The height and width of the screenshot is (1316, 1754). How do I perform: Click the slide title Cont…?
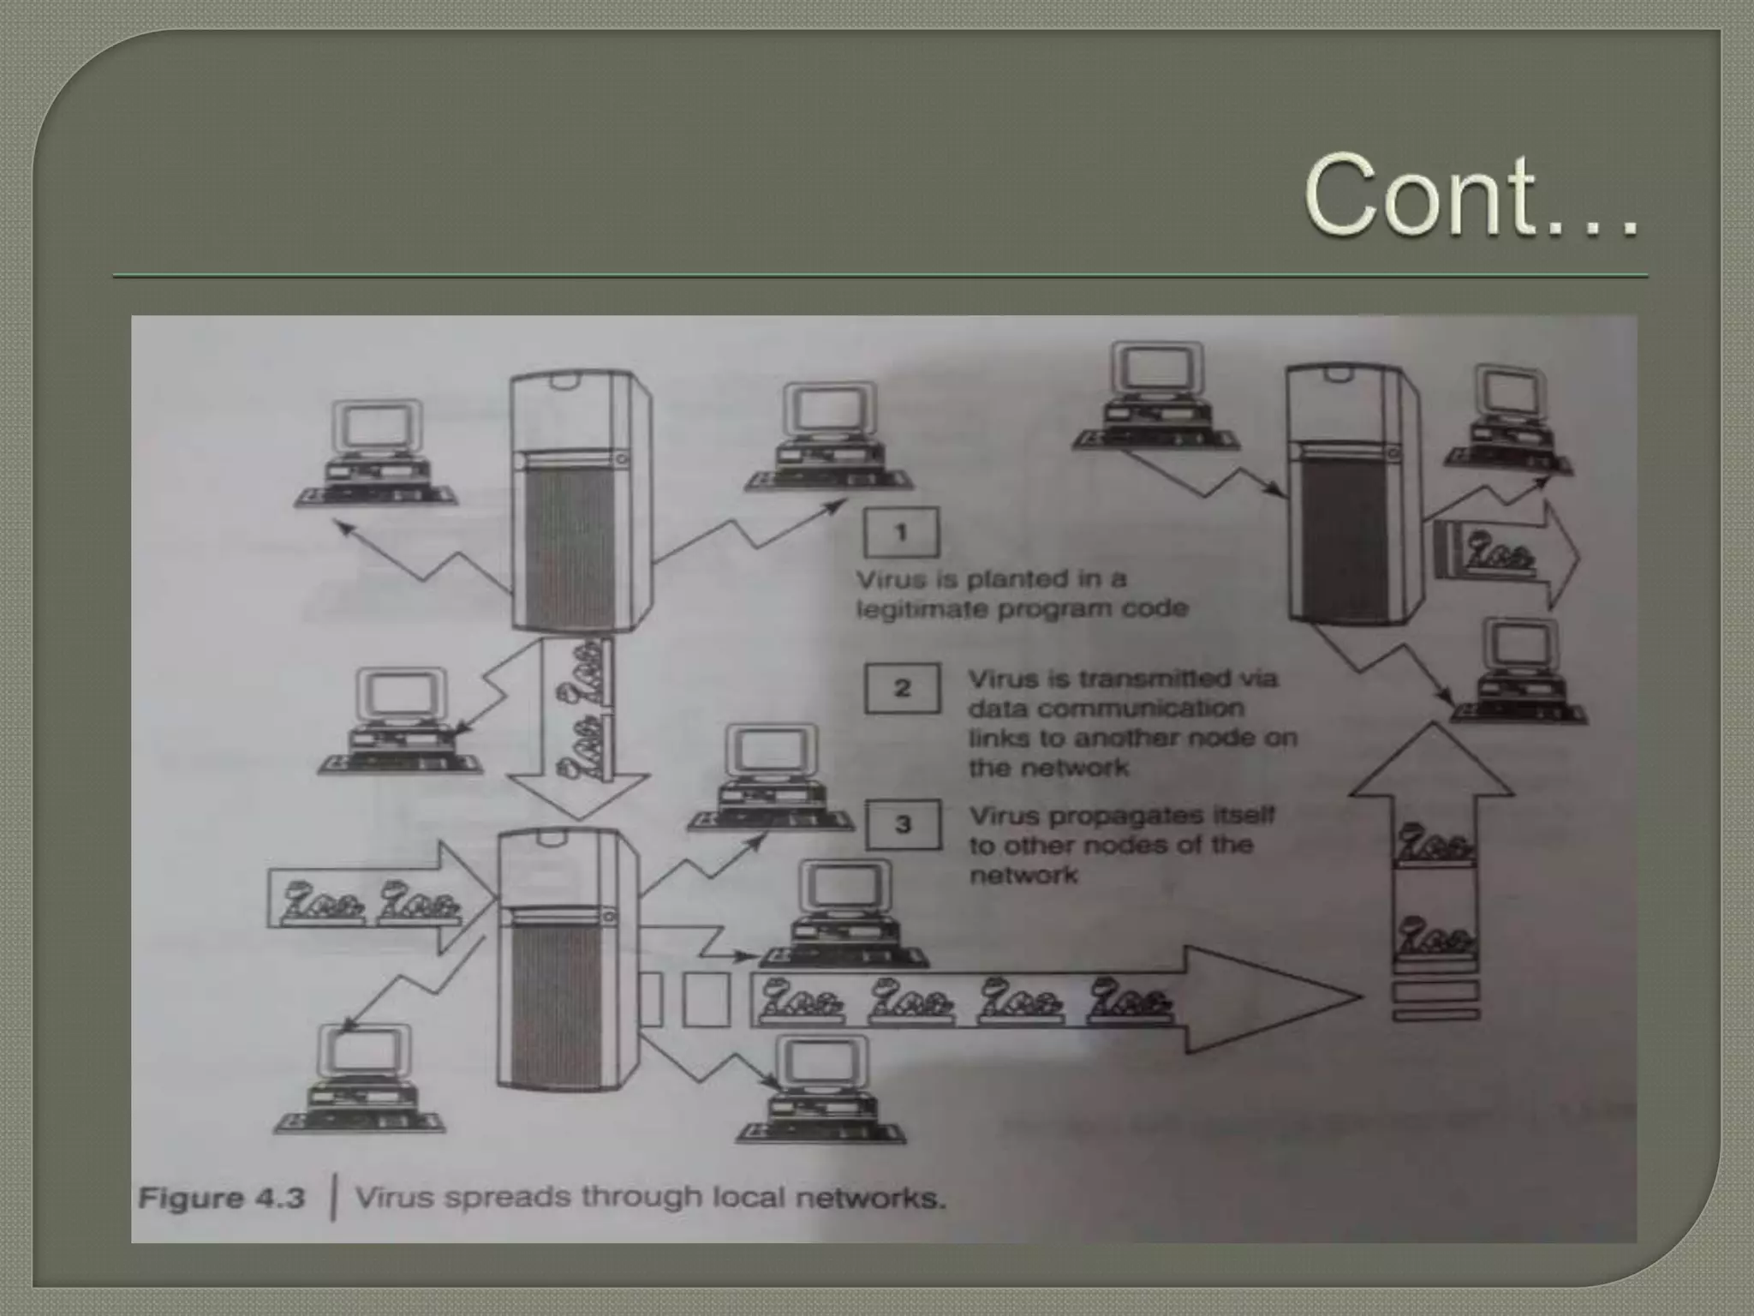(x=1470, y=195)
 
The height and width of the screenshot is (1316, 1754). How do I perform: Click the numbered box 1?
(x=901, y=532)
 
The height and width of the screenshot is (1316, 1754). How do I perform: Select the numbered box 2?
(x=902, y=688)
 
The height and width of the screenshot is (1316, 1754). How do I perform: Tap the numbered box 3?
(x=903, y=824)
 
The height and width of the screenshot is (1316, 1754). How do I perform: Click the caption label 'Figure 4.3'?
(x=222, y=1197)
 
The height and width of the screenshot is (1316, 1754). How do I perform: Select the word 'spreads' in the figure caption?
(x=509, y=1197)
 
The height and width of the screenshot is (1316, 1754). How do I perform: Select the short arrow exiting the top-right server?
(x=1533, y=554)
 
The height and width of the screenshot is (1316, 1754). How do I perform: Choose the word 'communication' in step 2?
(x=1107, y=709)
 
